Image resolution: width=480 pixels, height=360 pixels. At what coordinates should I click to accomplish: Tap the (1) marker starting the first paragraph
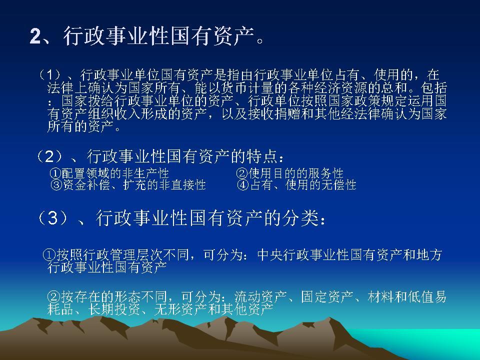tap(50, 75)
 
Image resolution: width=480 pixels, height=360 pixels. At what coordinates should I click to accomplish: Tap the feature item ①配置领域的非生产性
tap(109, 173)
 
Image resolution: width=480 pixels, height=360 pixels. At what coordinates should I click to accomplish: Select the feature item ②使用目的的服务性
tap(290, 173)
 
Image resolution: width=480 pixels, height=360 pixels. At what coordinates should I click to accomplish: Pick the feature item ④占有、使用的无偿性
tap(296, 185)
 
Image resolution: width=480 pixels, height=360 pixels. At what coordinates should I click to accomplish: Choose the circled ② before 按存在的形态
tap(54, 296)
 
